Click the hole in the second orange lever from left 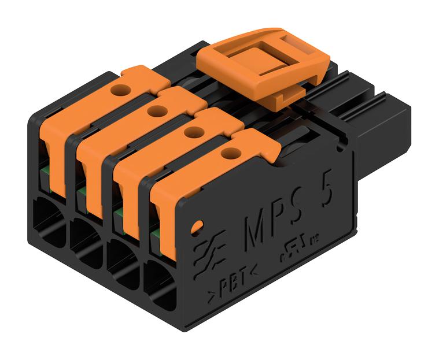click(154, 111)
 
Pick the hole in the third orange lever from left click(193, 132)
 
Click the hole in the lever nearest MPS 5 click(230, 153)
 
